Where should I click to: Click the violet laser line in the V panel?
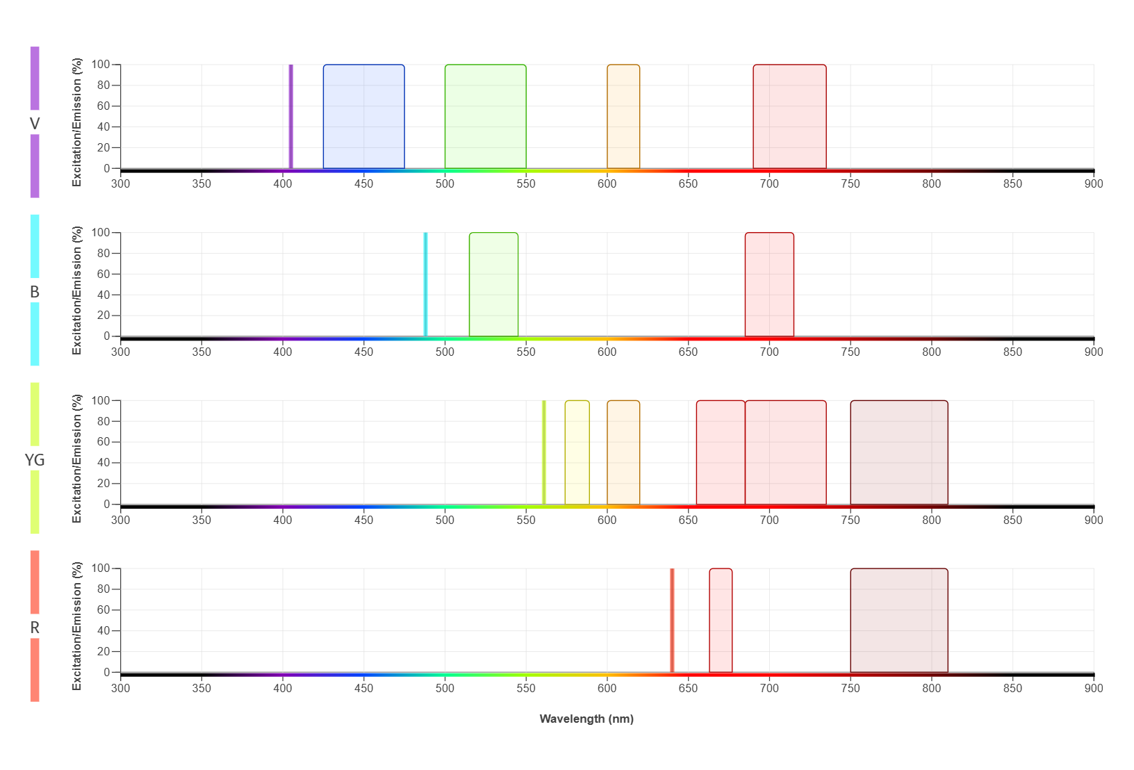pyautogui.click(x=290, y=116)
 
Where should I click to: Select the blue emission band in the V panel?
pyautogui.click(x=363, y=116)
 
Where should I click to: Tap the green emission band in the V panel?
pyautogui.click(x=485, y=116)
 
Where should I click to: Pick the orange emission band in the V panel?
pyautogui.click(x=623, y=116)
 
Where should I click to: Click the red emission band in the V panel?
pyautogui.click(x=789, y=116)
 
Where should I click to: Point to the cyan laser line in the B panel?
pyautogui.click(x=425, y=284)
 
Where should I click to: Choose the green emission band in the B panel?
pyautogui.click(x=493, y=284)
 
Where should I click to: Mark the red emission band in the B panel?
pyautogui.click(x=769, y=284)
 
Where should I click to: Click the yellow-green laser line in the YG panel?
pyautogui.click(x=543, y=452)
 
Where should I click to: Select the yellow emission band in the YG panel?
pyautogui.click(x=577, y=452)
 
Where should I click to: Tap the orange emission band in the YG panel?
pyautogui.click(x=623, y=452)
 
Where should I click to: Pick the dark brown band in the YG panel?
pyautogui.click(x=898, y=452)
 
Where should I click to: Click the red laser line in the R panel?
pyautogui.click(x=672, y=621)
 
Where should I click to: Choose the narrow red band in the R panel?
pyautogui.click(x=721, y=621)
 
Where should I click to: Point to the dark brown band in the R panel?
pyautogui.click(x=898, y=621)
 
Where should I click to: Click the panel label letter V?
pyautogui.click(x=35, y=124)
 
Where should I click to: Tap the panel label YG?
pyautogui.click(x=35, y=459)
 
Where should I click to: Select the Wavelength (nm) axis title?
pyautogui.click(x=586, y=719)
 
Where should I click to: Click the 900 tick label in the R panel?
pyautogui.click(x=1093, y=688)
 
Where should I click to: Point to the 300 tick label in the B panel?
pyautogui.click(x=120, y=352)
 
